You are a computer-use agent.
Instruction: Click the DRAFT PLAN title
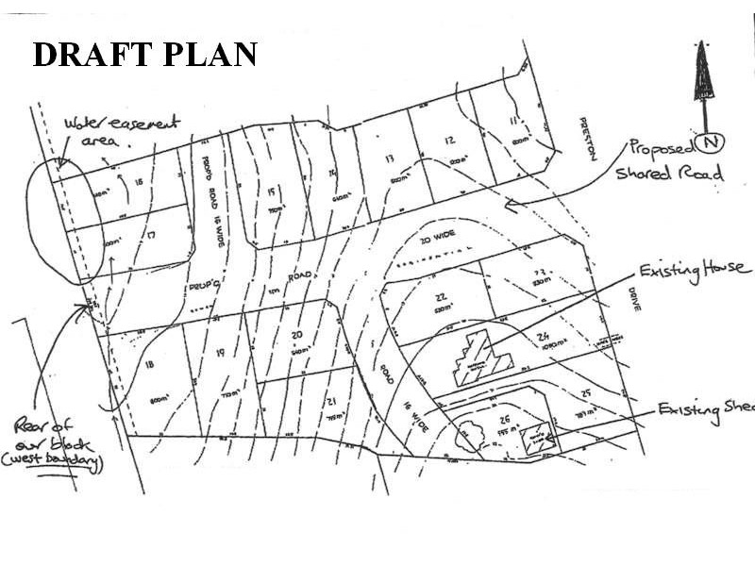point(144,54)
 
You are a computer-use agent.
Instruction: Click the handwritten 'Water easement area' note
point(108,131)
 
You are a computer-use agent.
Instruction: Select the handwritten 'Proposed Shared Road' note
point(669,159)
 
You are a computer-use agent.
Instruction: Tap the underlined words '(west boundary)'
point(64,462)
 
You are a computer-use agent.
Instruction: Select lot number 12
point(450,141)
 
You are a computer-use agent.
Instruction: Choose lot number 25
point(586,391)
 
